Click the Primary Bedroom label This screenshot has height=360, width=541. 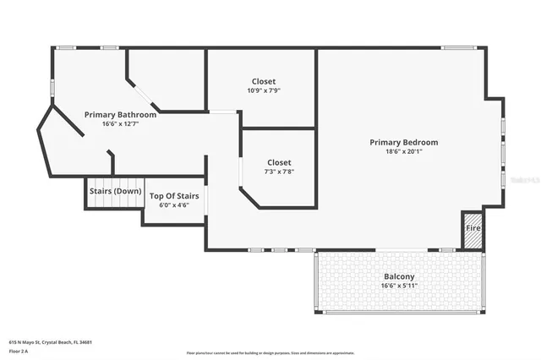(403, 142)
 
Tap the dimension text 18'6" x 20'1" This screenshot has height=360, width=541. (403, 152)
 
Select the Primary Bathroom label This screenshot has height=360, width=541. (120, 114)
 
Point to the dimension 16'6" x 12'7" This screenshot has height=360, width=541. (120, 123)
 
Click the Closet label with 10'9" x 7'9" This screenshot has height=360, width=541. (263, 81)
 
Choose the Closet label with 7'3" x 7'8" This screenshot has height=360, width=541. (279, 162)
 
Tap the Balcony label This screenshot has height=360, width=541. (399, 276)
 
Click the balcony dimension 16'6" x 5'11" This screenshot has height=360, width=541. (399, 286)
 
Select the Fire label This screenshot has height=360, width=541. (473, 228)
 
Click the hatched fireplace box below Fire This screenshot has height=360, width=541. (473, 241)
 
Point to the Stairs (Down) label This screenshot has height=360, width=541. (115, 191)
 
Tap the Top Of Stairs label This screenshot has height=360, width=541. (174, 196)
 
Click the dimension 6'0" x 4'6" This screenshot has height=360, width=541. (174, 205)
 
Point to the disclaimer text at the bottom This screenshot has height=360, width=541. (270, 352)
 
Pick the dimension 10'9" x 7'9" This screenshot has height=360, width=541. (263, 90)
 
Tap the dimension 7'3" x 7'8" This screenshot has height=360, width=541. (279, 172)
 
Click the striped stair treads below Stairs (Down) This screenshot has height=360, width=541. (115, 204)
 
